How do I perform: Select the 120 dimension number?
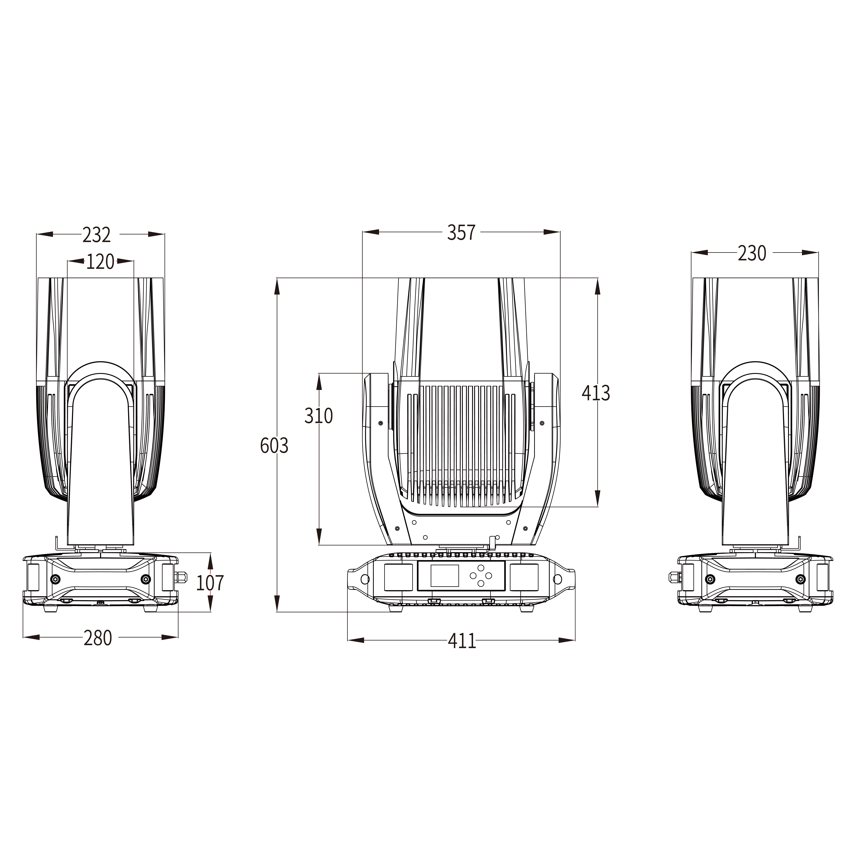coord(100,262)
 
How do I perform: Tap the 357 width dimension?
coord(461,233)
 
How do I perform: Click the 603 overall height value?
coord(274,446)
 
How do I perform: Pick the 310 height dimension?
coord(318,416)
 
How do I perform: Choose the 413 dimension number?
coord(596,393)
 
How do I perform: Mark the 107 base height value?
coord(210,583)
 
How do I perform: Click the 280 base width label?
coord(98,638)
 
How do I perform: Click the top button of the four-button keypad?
coord(481,568)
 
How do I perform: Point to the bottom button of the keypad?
coord(481,583)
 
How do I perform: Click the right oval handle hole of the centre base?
coord(557,579)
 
